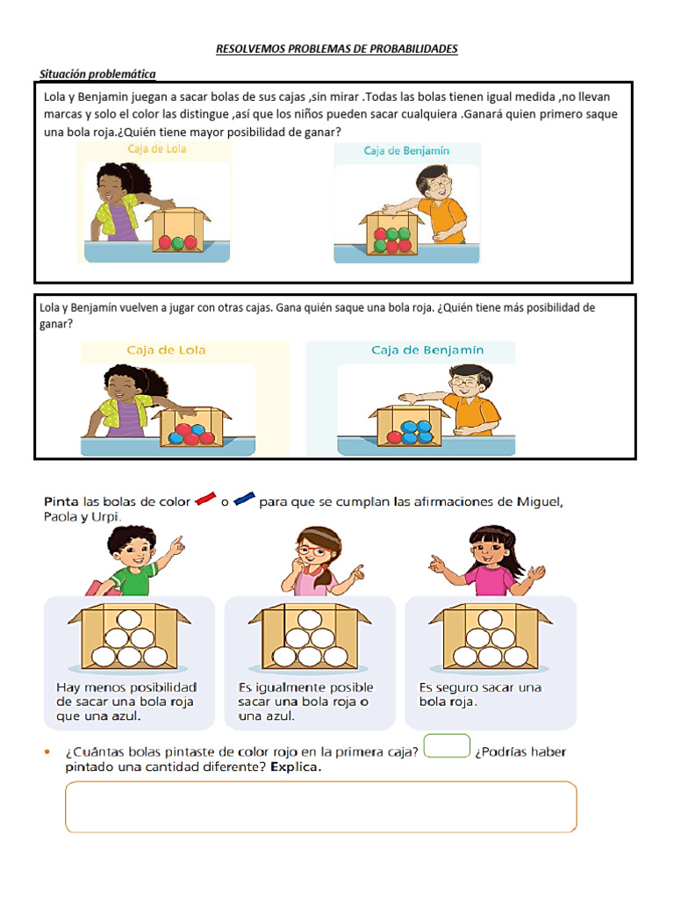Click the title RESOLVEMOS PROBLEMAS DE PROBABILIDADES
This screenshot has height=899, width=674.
tap(336, 49)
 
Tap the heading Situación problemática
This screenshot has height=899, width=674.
tap(97, 74)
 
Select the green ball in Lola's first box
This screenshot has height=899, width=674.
tap(177, 243)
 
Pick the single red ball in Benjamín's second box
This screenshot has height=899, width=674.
tap(394, 437)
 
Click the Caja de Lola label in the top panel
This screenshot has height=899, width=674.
tap(157, 149)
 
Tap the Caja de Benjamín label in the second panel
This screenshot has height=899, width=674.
tap(427, 349)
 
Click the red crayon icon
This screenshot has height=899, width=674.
tap(205, 499)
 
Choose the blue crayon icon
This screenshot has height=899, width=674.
tap(244, 499)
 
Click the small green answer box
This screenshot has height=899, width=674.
tap(447, 746)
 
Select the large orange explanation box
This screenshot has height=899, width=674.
tap(321, 807)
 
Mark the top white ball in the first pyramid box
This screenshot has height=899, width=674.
tap(129, 620)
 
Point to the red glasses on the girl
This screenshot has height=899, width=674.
tap(312, 551)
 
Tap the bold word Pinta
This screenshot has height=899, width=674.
tap(61, 501)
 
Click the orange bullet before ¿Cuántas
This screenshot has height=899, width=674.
tap(47, 752)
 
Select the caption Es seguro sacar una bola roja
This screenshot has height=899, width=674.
tap(480, 694)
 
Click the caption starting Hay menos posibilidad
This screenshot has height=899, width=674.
tap(126, 701)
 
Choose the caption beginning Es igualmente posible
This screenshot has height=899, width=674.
tap(305, 701)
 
